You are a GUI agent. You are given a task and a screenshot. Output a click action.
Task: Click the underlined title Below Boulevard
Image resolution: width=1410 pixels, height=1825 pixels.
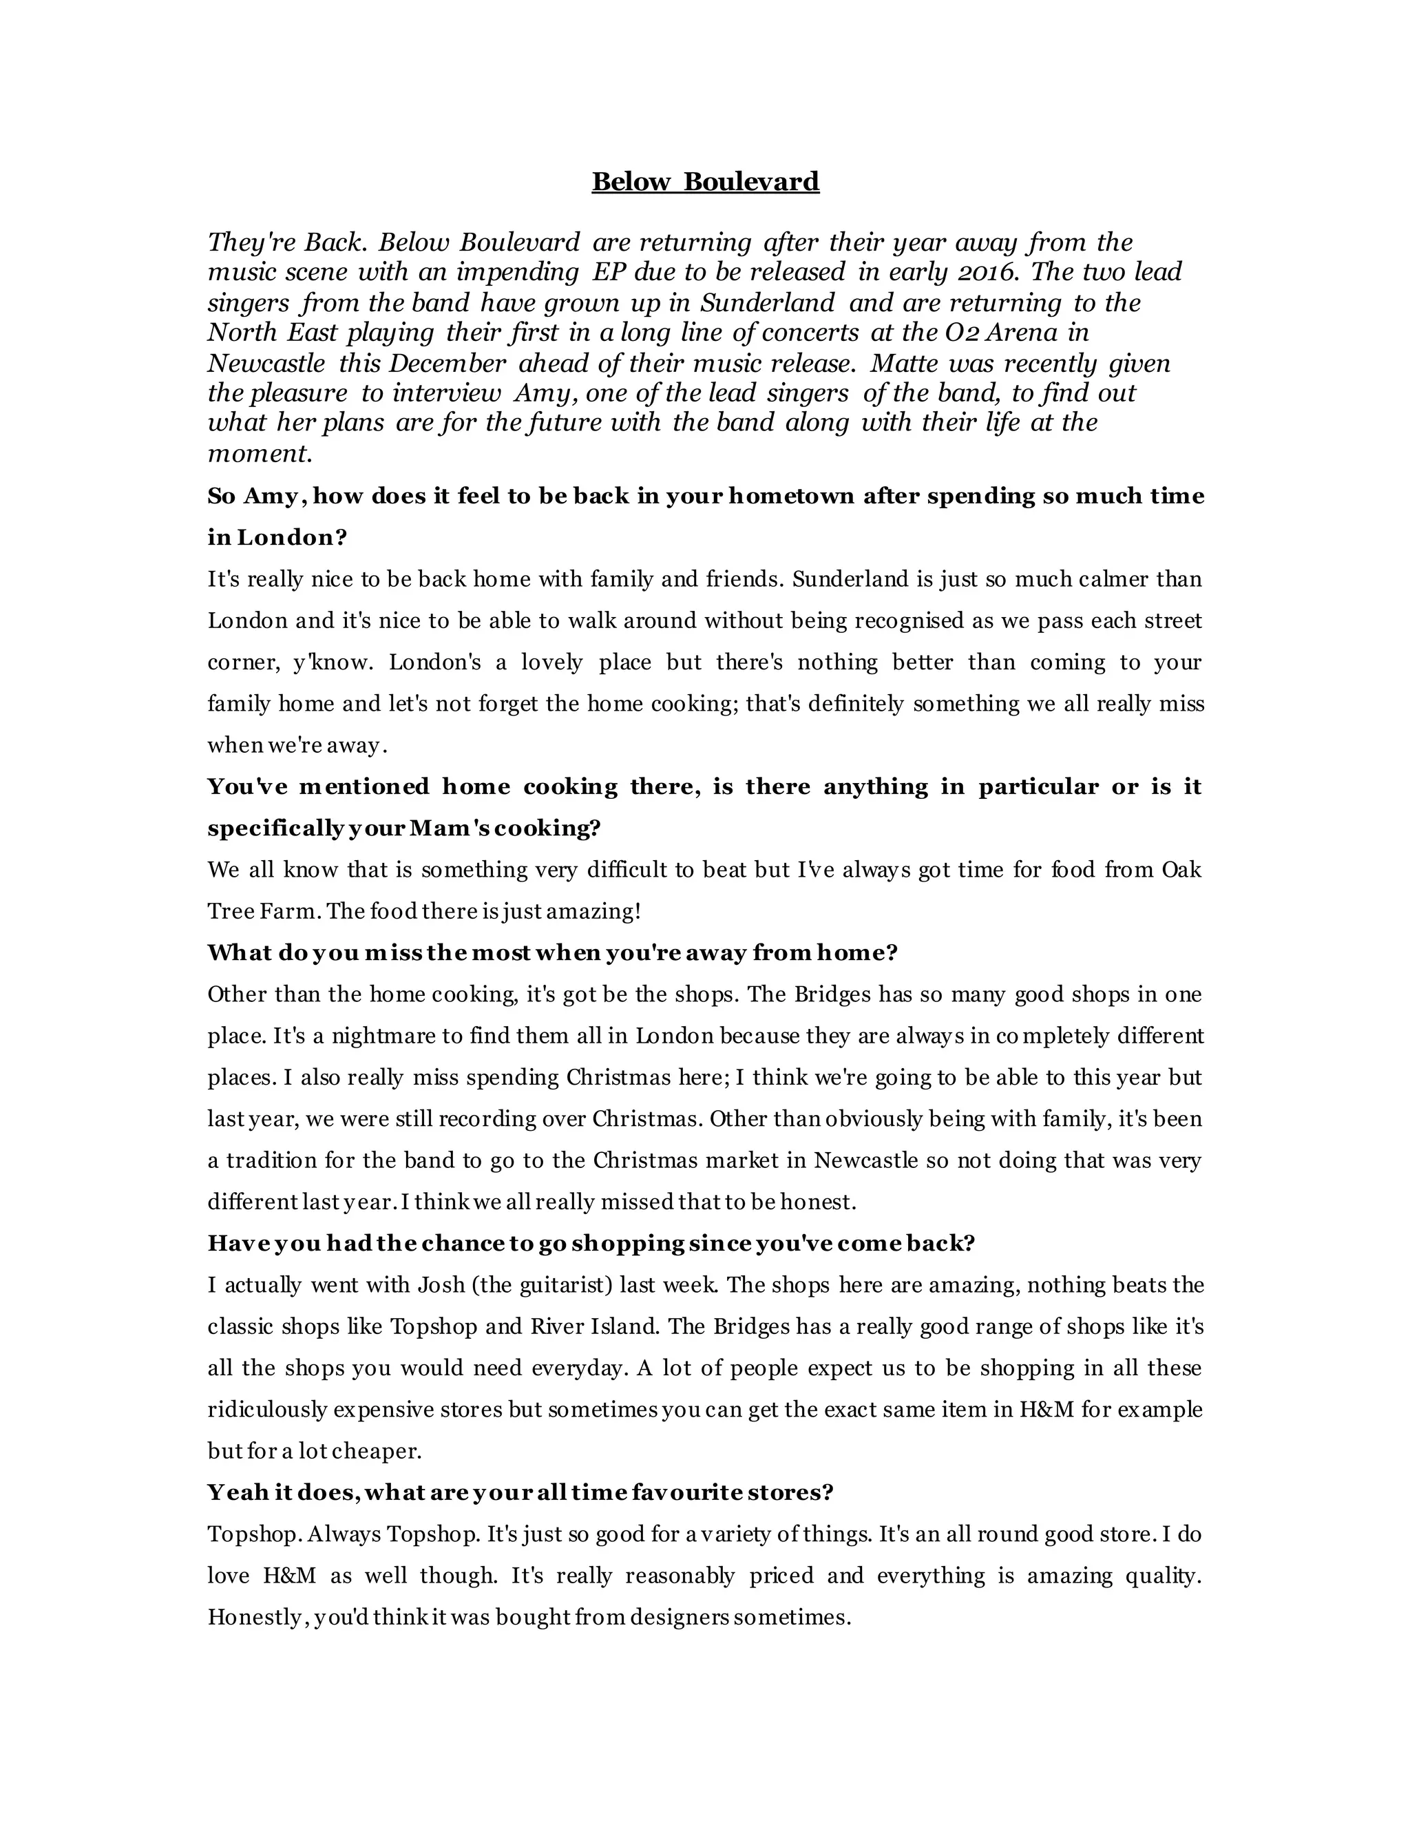pos(705,181)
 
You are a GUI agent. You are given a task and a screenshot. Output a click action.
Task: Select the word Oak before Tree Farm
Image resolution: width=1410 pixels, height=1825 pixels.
pos(1181,870)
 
